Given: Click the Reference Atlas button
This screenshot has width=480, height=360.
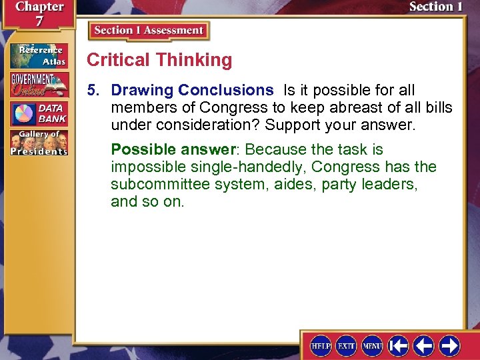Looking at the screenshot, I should (38, 55).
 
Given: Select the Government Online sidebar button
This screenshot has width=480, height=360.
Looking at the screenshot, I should (38, 85).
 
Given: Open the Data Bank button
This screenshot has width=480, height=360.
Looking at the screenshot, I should (38, 114).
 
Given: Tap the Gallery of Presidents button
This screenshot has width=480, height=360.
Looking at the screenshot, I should (38, 143).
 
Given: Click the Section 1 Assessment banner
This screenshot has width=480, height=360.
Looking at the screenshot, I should (149, 31).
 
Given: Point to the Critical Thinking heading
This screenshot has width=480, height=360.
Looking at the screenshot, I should (159, 60).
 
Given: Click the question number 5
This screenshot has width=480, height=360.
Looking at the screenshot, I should (95, 90).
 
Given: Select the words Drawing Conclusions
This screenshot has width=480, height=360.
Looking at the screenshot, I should (192, 90).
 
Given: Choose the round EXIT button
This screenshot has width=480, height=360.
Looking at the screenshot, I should (347, 345).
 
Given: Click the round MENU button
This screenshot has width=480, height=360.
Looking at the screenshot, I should (372, 345).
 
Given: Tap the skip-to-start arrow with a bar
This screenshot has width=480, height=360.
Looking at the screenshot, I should (399, 345).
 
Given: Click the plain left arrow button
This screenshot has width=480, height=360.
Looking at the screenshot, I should (424, 345).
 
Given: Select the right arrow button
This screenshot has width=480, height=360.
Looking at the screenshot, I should (449, 345).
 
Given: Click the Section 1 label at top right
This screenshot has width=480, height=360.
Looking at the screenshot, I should (435, 7).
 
